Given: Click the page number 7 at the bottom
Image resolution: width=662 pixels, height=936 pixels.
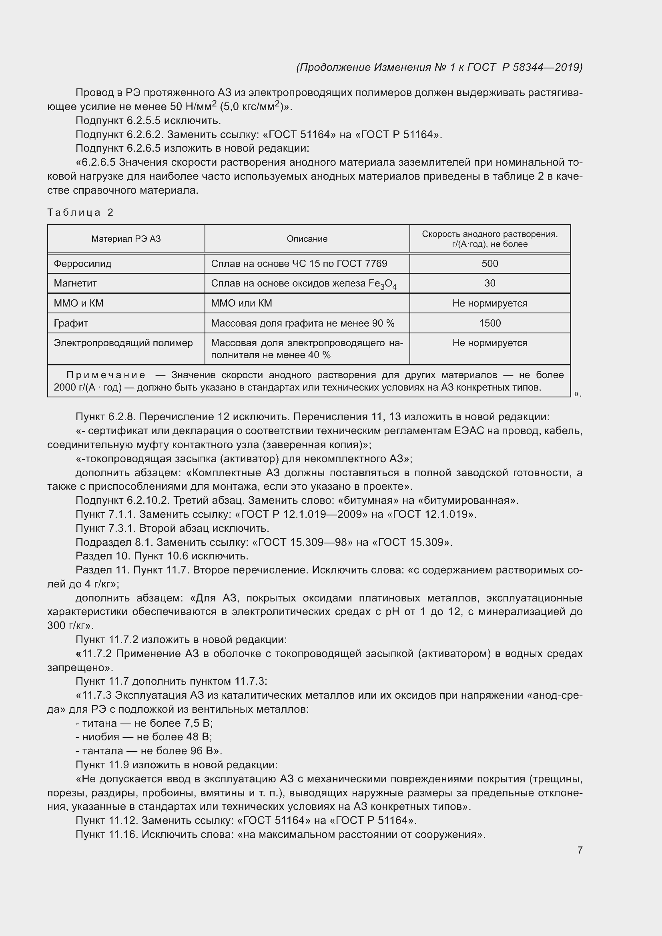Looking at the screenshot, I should pyautogui.click(x=580, y=850).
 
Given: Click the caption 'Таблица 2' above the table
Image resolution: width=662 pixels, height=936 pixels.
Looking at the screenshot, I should pyautogui.click(x=80, y=212).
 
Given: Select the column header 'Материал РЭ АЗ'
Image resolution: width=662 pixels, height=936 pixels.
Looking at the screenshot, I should pyautogui.click(x=126, y=239).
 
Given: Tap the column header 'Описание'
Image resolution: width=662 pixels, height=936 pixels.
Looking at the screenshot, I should pyautogui.click(x=307, y=239).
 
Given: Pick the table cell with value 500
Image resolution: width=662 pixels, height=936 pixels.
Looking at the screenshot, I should pyautogui.click(x=489, y=263).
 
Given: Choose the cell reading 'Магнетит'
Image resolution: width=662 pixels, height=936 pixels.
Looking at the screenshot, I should pyautogui.click(x=75, y=283).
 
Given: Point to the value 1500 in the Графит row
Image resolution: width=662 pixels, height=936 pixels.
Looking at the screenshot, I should pyautogui.click(x=489, y=323).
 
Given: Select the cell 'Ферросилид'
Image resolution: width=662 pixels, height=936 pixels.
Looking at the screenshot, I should pyautogui.click(x=83, y=263).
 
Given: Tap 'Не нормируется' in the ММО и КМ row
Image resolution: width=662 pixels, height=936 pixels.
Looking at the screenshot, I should pyautogui.click(x=489, y=303).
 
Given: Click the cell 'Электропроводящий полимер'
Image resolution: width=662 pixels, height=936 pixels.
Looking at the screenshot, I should pyautogui.click(x=123, y=343).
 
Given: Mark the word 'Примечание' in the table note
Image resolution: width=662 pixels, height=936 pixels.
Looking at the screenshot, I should pyautogui.click(x=106, y=375).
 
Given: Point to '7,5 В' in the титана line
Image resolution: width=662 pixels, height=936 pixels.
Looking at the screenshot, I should pyautogui.click(x=199, y=723).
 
